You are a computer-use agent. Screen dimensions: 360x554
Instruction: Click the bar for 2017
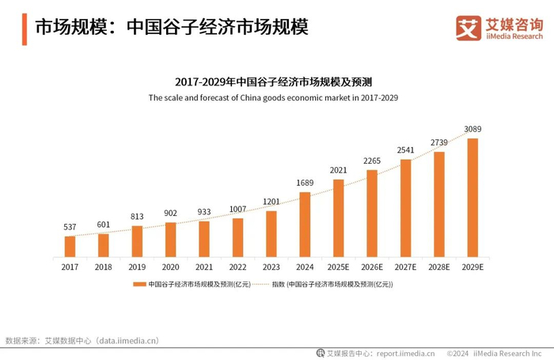click(70, 246)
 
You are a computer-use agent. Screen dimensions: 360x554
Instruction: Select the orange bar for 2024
click(305, 225)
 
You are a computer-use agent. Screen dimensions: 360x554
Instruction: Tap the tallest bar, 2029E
click(472, 198)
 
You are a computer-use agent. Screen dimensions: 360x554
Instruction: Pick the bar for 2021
click(204, 239)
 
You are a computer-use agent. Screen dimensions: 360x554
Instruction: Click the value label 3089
click(472, 129)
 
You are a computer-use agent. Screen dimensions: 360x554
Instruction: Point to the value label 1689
click(305, 183)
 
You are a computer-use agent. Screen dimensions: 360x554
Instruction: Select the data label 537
click(70, 227)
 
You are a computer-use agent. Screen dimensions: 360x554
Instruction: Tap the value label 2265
click(372, 161)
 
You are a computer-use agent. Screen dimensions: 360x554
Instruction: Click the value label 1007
click(237, 209)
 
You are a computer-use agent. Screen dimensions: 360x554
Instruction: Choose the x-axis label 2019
click(137, 267)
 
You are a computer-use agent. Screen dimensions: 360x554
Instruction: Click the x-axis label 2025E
click(338, 267)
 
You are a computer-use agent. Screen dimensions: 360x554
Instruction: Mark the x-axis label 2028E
click(439, 267)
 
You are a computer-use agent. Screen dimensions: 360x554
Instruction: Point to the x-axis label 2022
click(237, 267)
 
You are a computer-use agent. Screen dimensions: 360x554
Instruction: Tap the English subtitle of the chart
click(273, 98)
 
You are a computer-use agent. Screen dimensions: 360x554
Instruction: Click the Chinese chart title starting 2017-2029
click(273, 82)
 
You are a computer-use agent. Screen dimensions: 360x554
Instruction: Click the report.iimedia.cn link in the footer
click(405, 353)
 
